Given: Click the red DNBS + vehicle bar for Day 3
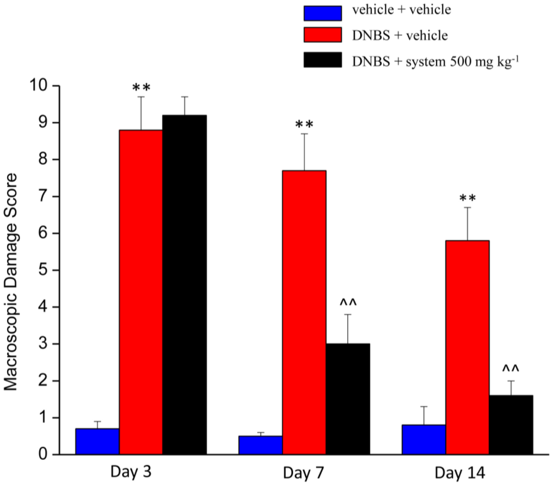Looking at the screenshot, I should click(x=141, y=292).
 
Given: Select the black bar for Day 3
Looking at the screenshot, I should click(x=184, y=284).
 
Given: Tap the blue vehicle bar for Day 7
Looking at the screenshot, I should click(x=261, y=445).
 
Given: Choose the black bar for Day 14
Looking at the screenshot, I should click(x=511, y=425).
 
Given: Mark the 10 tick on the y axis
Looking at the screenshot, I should click(x=41, y=86).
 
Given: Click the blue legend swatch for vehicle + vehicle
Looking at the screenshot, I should click(x=323, y=13).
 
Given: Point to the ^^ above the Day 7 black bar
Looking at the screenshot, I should click(x=348, y=302).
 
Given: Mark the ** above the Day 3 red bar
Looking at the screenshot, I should click(x=141, y=88).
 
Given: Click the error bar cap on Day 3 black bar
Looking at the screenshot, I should click(x=185, y=97).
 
